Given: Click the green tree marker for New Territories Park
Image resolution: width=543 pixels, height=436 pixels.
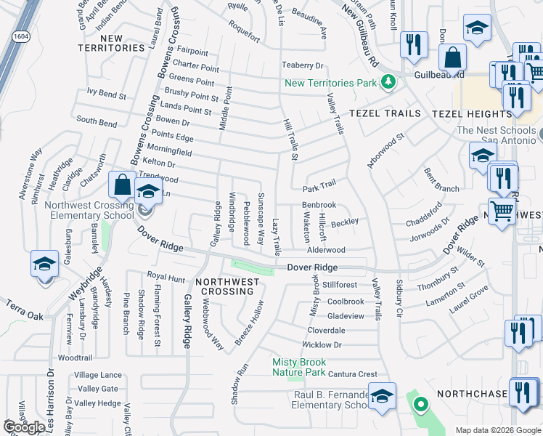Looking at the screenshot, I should click(x=388, y=82).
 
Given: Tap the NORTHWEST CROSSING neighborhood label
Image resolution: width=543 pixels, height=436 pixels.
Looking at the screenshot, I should click(x=224, y=286).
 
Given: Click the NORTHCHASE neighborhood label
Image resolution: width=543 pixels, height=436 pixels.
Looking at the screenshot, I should click(x=472, y=393).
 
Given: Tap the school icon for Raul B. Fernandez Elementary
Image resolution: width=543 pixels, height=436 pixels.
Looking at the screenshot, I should click(x=382, y=397).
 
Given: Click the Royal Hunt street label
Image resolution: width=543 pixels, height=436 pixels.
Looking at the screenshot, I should click(x=166, y=277).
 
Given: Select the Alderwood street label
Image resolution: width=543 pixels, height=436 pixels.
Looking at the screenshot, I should click(x=326, y=250).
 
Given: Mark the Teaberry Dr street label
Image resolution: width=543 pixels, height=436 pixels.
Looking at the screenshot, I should click(x=302, y=66).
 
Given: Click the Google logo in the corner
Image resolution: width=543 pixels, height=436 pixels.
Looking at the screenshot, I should click(x=25, y=427).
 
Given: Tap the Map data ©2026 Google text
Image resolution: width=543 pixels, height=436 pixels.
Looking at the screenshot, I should click(x=497, y=430).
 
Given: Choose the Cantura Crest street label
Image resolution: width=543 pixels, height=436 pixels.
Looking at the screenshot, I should click(x=352, y=374).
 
